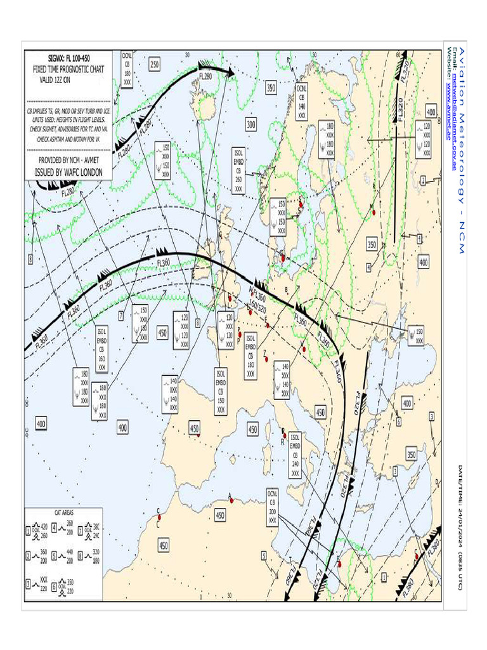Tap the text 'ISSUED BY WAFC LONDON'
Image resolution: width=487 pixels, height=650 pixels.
coord(69,172)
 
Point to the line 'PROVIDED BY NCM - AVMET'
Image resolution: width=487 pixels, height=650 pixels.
coord(69,161)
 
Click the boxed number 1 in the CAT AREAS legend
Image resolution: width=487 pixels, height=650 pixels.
coord(29,530)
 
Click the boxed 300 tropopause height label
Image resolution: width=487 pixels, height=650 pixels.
coord(251,125)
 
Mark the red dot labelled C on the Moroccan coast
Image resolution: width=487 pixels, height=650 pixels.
coord(159,517)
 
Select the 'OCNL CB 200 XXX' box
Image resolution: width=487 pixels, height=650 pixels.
coord(272,506)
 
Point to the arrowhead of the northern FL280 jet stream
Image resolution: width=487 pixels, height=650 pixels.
coord(231,72)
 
